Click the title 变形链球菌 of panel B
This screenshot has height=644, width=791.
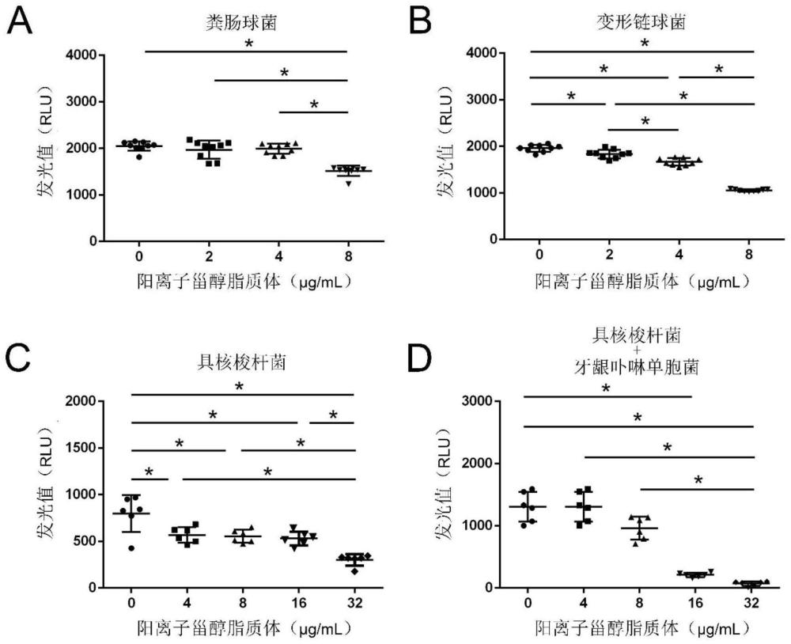639,21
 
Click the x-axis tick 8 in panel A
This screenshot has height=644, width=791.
347,256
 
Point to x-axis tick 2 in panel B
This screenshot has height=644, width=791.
610,255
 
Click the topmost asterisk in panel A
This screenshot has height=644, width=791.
248,44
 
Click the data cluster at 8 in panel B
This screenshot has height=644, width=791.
747,190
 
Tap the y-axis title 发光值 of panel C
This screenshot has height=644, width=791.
44,494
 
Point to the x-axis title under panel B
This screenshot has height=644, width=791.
639,280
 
